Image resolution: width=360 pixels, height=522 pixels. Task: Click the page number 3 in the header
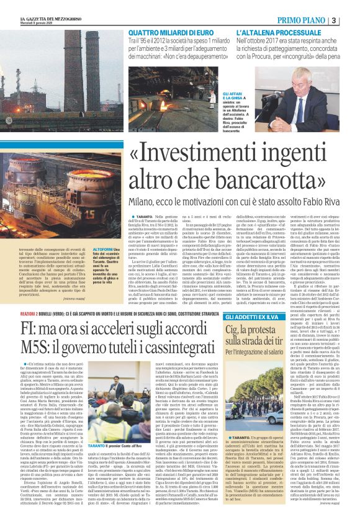[351, 20]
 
